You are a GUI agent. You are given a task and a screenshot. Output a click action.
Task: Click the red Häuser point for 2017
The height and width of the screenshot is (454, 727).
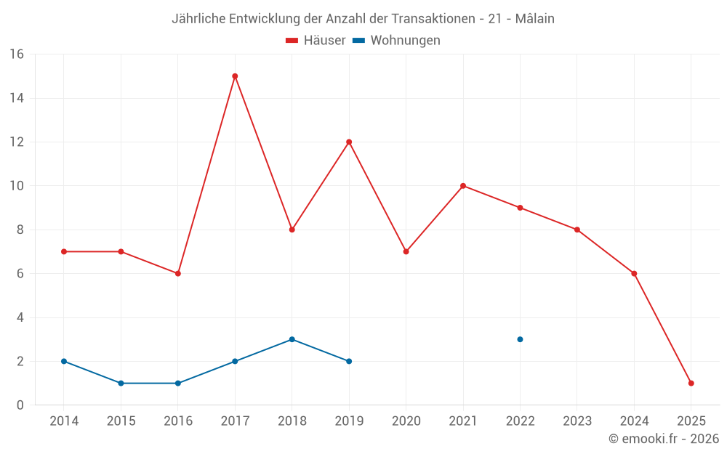pyautogui.click(x=235, y=76)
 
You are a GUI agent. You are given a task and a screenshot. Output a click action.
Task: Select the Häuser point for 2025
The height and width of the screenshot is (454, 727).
pyautogui.click(x=691, y=383)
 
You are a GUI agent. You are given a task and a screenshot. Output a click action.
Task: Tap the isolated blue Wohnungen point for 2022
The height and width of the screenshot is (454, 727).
pyautogui.click(x=520, y=339)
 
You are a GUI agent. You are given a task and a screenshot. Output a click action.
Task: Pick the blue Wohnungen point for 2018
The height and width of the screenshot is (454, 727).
pyautogui.click(x=292, y=339)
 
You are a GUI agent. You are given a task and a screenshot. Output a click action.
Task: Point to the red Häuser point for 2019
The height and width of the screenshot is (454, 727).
pyautogui.click(x=349, y=142)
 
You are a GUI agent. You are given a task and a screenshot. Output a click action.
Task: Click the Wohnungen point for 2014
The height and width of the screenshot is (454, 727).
pyautogui.click(x=64, y=361)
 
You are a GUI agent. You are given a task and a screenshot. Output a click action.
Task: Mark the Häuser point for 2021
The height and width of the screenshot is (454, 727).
pyautogui.click(x=463, y=186)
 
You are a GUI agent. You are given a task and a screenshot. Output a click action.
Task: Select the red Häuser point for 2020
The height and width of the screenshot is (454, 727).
pyautogui.click(x=406, y=251)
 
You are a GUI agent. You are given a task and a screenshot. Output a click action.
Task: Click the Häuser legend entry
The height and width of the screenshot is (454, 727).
pyautogui.click(x=316, y=41)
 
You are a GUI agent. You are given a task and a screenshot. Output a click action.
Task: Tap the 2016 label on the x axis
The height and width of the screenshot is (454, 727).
pyautogui.click(x=178, y=421)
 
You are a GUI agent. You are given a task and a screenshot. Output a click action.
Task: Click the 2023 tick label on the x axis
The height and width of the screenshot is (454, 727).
pyautogui.click(x=577, y=421)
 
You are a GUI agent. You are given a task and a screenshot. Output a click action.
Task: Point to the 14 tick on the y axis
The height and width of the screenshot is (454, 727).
pyautogui.click(x=16, y=98)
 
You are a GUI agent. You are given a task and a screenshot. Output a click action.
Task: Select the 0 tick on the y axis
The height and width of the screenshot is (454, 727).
pyautogui.click(x=20, y=405)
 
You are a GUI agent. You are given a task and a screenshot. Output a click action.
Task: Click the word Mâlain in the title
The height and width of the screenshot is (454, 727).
pyautogui.click(x=534, y=19)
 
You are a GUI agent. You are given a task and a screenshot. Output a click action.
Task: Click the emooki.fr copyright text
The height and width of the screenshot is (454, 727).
pyautogui.click(x=663, y=439)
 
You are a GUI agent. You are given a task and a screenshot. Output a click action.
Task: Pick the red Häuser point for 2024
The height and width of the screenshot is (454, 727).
pyautogui.click(x=634, y=274)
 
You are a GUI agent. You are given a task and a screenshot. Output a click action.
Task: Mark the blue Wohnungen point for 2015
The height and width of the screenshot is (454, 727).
pyautogui.click(x=121, y=383)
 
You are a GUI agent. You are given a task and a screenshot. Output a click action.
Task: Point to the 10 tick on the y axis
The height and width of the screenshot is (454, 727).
pyautogui.click(x=16, y=186)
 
